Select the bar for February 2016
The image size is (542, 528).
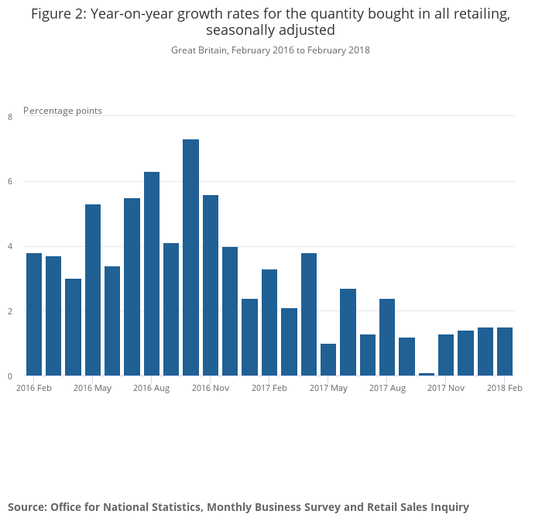click(34, 314)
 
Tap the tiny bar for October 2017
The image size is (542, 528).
click(427, 374)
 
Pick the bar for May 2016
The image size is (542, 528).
click(93, 290)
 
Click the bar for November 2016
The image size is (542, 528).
click(211, 286)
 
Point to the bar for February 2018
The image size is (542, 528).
click(505, 351)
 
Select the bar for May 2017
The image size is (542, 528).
click(328, 360)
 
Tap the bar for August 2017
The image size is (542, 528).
click(387, 338)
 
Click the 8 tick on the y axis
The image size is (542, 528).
click(10, 117)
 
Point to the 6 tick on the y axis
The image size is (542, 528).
click(10, 182)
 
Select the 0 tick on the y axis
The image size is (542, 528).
click(10, 376)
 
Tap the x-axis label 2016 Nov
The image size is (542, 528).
click(211, 388)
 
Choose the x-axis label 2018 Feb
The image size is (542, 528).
click(505, 388)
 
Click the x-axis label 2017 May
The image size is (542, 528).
click(328, 388)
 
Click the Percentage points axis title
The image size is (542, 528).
click(63, 111)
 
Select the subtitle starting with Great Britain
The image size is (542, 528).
click(270, 50)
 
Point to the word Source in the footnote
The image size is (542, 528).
click(26, 507)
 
